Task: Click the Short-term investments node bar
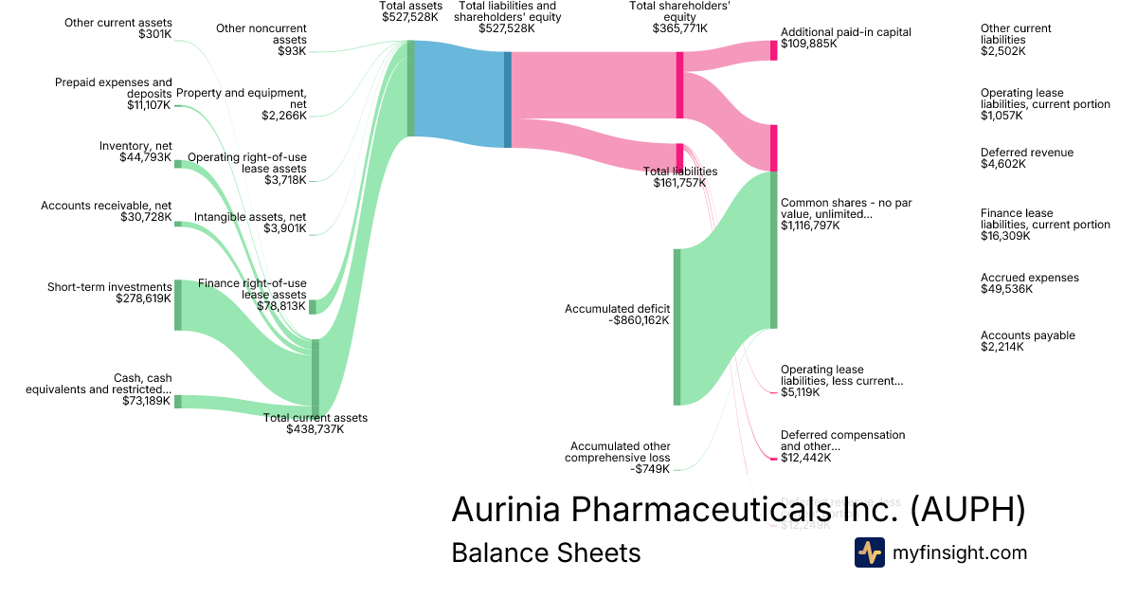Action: (177, 305)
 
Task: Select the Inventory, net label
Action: (135, 146)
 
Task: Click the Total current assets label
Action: (315, 418)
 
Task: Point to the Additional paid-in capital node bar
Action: (773, 50)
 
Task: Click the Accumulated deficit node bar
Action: (677, 327)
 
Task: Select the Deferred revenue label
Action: (1027, 153)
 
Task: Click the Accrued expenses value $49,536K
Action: (1006, 289)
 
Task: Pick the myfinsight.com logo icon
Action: (869, 552)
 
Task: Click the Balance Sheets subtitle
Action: (546, 552)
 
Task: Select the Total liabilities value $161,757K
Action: (679, 182)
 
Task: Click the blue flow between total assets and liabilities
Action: (460, 95)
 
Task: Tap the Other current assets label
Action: (118, 23)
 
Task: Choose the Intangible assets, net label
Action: (250, 217)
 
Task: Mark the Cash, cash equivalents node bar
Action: (177, 401)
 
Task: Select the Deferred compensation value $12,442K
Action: (805, 458)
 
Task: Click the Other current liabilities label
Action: (1016, 34)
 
